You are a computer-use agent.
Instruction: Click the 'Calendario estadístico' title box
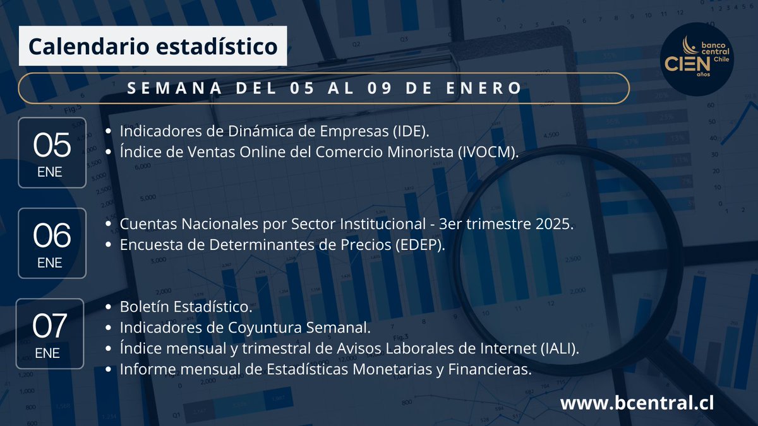[x=153, y=46]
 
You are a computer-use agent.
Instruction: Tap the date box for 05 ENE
[x=52, y=152]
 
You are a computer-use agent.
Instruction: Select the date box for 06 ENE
[x=52, y=243]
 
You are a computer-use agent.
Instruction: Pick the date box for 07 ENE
[x=50, y=333]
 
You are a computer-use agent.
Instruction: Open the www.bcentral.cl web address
[x=637, y=403]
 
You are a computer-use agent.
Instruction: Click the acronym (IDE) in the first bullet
[x=409, y=131]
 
